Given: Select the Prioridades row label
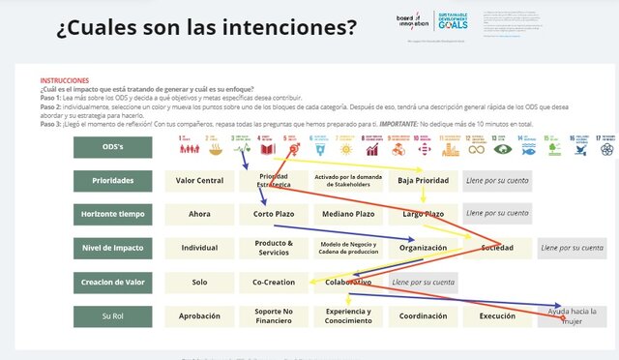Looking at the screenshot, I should (x=112, y=180).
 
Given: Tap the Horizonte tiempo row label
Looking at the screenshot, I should (x=112, y=213).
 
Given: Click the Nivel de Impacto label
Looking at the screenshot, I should (x=112, y=248).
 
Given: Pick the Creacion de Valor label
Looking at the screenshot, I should (x=112, y=282).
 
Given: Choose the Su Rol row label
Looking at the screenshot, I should (x=112, y=315).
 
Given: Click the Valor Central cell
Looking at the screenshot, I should (x=199, y=180).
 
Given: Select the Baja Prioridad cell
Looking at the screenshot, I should (x=423, y=180).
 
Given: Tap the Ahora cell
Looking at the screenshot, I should (x=199, y=213).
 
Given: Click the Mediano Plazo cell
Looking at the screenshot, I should (x=348, y=213).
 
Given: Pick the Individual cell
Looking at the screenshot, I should (x=199, y=248).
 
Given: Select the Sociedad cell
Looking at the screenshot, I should (x=497, y=248).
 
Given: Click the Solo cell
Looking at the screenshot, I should (x=199, y=282).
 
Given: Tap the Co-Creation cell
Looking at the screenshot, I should (x=274, y=282).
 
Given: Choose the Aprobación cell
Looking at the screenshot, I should (x=199, y=315).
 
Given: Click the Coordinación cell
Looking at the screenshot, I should (x=423, y=315).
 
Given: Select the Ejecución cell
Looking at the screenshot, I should (x=497, y=315).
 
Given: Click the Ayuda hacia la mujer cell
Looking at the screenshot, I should (x=573, y=315).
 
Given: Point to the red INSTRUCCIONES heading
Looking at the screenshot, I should (x=65, y=81).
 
